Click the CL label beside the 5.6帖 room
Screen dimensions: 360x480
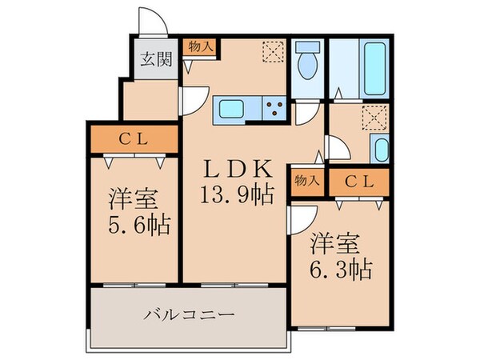coord(133,138)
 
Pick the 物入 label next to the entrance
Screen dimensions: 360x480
coord(199,47)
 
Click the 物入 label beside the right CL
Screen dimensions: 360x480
coord(307,181)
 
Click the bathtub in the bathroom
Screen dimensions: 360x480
coord(374,68)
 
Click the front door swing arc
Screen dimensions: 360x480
coord(151,22)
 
